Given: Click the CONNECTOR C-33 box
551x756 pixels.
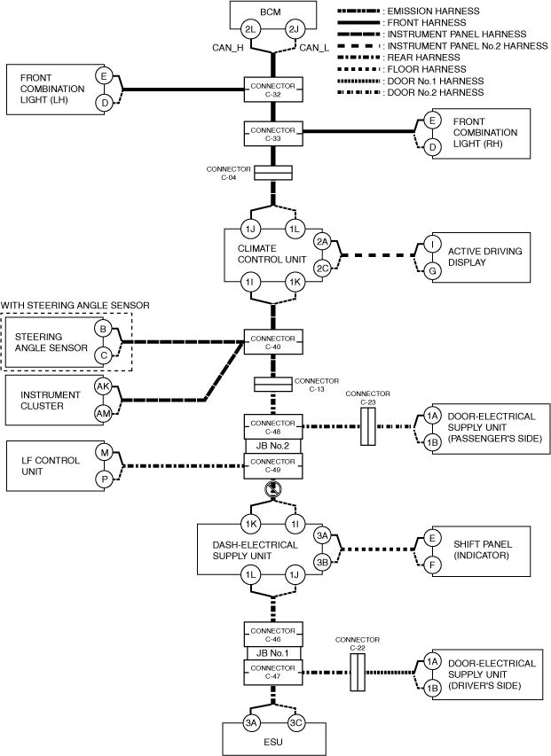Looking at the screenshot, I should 272,134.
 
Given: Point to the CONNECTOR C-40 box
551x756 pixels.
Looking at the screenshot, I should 272,341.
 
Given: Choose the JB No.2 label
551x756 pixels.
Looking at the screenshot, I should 272,446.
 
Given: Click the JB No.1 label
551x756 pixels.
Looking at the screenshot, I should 272,654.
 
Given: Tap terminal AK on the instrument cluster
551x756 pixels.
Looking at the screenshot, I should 104,387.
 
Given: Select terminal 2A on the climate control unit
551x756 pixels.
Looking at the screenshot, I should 323,242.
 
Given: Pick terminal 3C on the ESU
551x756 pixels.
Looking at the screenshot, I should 295,721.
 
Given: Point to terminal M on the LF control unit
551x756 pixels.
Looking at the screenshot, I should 104,452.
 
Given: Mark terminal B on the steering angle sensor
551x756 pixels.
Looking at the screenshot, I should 104,330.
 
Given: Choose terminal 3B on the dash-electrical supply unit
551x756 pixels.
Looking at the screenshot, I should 322,562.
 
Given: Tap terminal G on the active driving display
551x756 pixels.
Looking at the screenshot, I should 432,270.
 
